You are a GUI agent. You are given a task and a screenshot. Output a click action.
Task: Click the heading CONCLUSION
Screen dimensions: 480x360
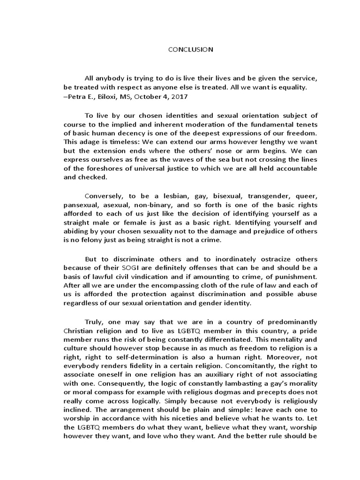coord(191,49)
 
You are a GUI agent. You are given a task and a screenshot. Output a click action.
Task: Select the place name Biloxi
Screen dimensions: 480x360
coord(102,96)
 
